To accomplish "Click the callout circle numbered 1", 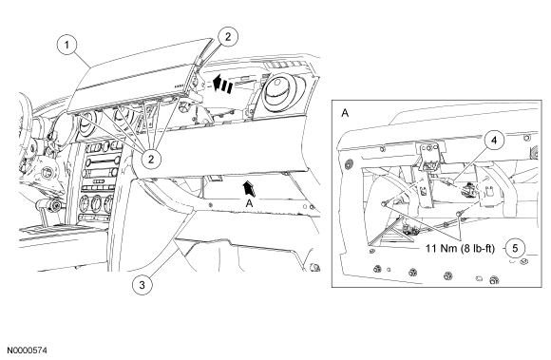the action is [x=66, y=46].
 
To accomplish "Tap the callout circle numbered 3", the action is [x=142, y=285].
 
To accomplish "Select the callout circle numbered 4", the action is [x=494, y=141].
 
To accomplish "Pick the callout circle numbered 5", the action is [x=515, y=248].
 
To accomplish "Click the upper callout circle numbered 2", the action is [x=228, y=36].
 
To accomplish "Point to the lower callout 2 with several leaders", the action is [x=151, y=159].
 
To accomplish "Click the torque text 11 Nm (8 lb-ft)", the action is [x=460, y=249].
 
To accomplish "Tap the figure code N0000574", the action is [x=28, y=351].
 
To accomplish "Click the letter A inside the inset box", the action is [x=345, y=113].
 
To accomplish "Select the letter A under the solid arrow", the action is [x=249, y=203].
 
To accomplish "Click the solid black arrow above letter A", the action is [x=250, y=189].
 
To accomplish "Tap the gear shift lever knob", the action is [x=50, y=205].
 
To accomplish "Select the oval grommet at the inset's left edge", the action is [x=349, y=163].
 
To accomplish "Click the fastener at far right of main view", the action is [x=314, y=268].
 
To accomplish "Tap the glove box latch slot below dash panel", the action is [x=214, y=179].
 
